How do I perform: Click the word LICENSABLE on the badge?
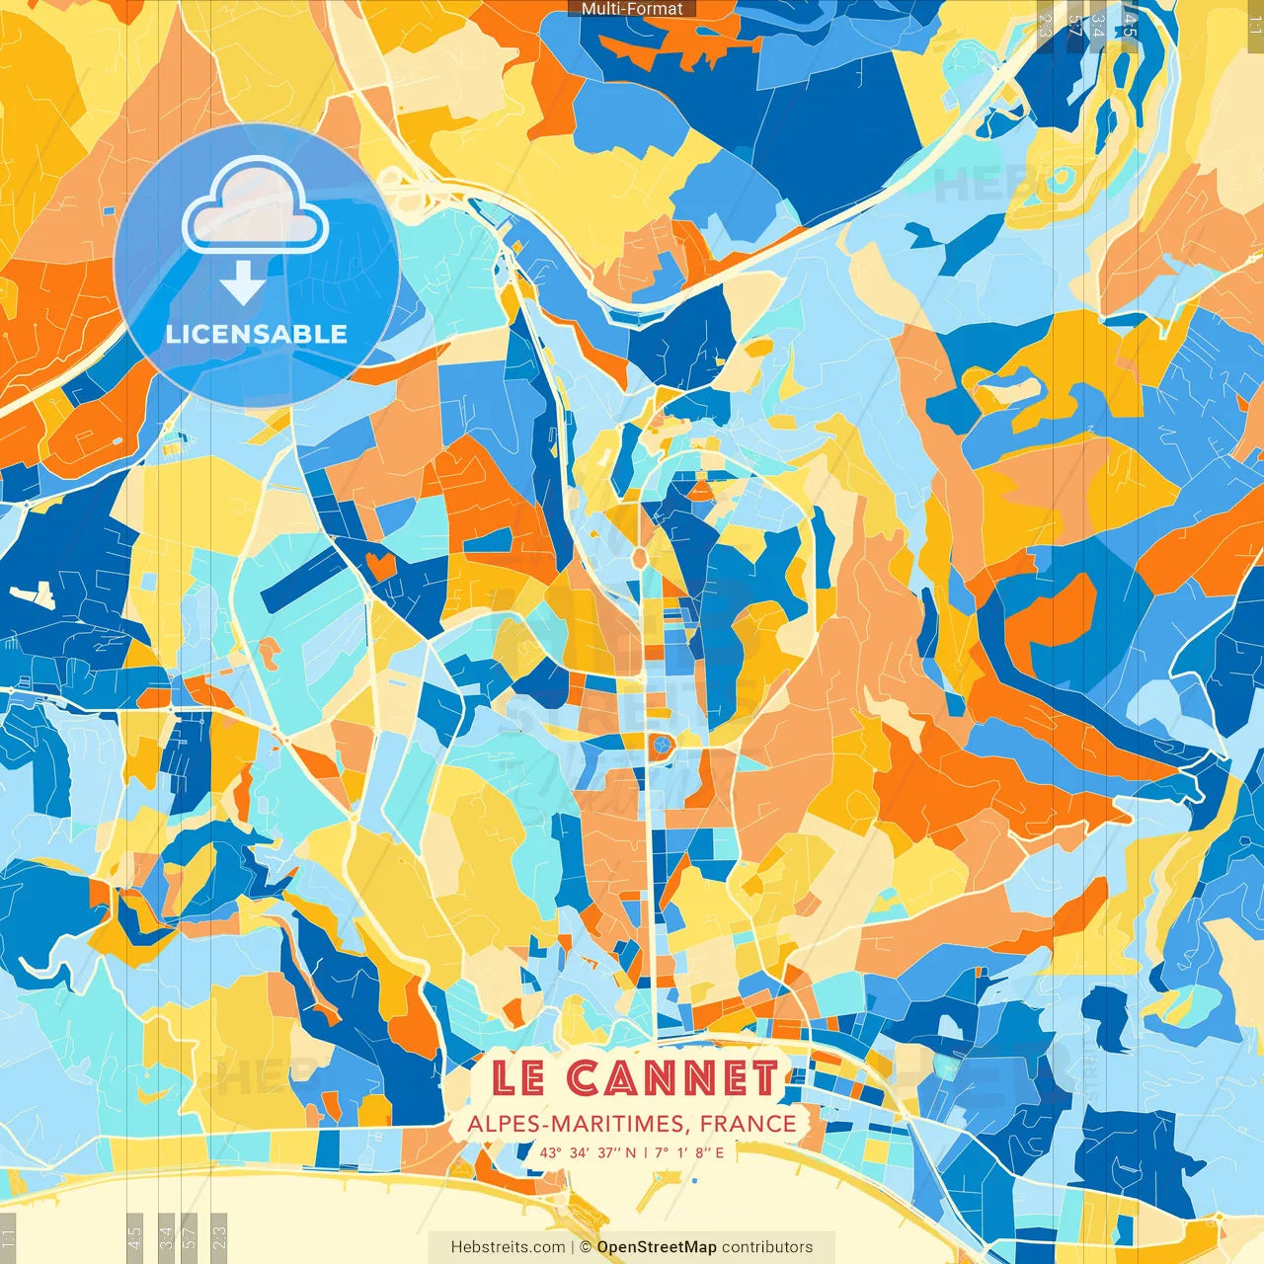pos(257,334)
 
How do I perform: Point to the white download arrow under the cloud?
pos(242,283)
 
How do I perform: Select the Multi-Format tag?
pos(632,9)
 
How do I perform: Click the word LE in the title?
pos(518,1077)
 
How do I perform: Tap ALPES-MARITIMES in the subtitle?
pos(578,1124)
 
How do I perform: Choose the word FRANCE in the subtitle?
pos(749,1124)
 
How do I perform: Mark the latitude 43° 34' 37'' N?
pos(588,1152)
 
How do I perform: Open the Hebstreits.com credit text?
pos(509,1247)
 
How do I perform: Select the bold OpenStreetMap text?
pos(656,1247)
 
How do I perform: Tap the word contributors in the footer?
pos(767,1247)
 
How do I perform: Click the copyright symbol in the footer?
pos(585,1247)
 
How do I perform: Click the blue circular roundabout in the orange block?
pos(661,746)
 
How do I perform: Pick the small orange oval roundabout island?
pos(639,559)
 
